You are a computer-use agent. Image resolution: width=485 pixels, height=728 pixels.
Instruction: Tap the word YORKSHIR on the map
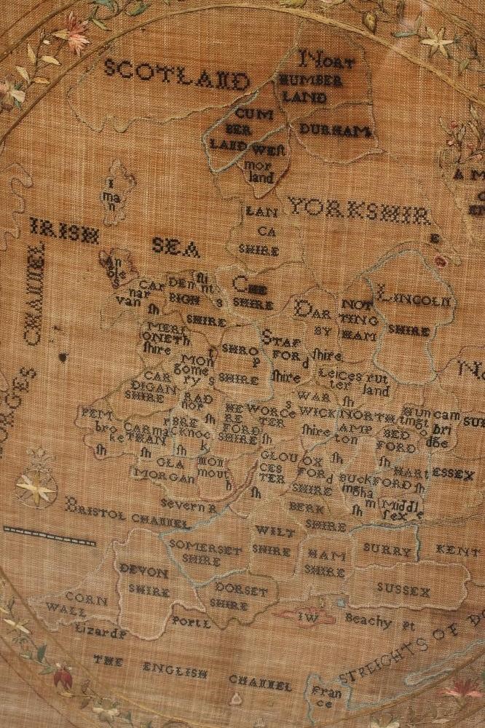click(358, 210)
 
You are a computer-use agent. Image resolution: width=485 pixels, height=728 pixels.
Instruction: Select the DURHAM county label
click(335, 131)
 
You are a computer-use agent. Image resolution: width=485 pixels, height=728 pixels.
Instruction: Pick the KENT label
click(459, 551)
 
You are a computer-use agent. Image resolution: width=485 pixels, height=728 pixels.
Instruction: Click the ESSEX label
click(453, 474)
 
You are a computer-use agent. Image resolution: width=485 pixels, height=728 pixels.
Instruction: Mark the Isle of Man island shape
click(115, 191)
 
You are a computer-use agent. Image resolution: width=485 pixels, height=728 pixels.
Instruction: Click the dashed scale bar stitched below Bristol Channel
click(49, 537)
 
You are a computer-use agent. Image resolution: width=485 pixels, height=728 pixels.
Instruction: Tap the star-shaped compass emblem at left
click(35, 486)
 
